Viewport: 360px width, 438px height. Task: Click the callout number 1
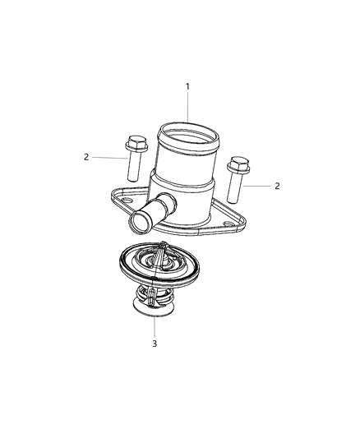187,86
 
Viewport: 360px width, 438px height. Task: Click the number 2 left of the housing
85,156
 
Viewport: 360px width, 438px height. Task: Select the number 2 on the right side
277,186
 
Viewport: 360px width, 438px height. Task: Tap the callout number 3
154,343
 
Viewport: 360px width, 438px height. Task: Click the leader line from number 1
187,107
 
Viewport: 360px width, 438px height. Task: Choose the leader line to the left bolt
108,155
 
